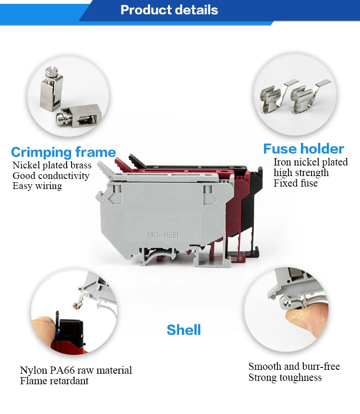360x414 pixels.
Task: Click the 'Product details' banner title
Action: [169, 10]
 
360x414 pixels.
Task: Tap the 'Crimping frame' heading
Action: [63, 153]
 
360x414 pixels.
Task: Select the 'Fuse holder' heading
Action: [303, 149]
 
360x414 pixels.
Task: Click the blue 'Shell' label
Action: [183, 330]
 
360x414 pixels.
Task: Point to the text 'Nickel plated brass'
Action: [52, 166]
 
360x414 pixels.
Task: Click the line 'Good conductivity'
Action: [51, 176]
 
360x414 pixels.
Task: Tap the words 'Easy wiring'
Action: [37, 186]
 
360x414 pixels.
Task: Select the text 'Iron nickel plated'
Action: [311, 162]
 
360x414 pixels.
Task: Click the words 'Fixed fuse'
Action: [296, 183]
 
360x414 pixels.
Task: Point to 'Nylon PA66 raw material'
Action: [76, 370]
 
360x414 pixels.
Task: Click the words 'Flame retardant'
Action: [54, 381]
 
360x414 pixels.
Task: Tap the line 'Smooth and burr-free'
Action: [294, 367]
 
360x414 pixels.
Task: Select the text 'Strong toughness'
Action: [285, 378]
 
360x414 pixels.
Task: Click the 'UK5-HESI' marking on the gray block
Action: [164, 235]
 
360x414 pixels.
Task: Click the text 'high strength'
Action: [301, 173]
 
